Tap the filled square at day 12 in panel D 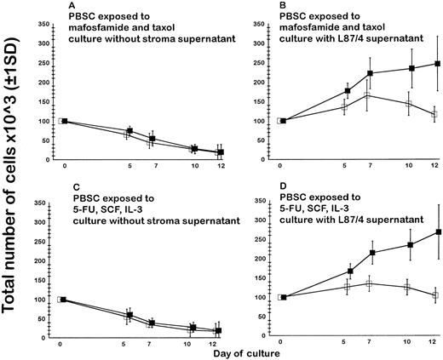[x=439, y=231]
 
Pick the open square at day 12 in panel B [x=435, y=113]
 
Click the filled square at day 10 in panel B [x=412, y=68]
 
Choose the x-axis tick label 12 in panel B [x=436, y=163]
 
